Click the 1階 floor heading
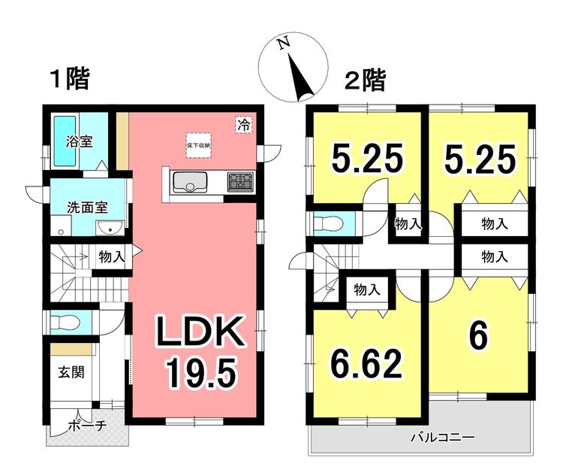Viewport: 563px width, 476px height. (x=69, y=79)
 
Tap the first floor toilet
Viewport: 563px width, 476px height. (x=65, y=322)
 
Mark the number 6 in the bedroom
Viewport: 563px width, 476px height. (x=479, y=336)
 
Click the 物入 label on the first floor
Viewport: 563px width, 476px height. (x=112, y=256)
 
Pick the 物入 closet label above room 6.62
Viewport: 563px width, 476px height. (x=367, y=289)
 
